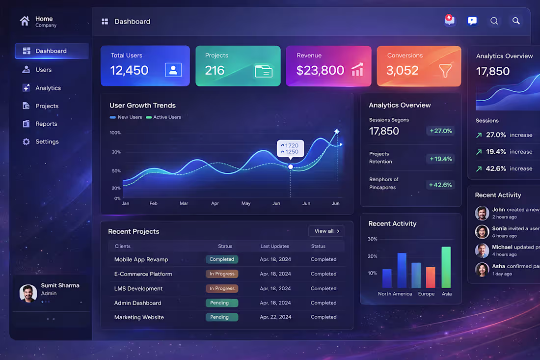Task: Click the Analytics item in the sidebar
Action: pyautogui.click(x=48, y=88)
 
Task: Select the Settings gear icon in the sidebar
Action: pyautogui.click(x=26, y=141)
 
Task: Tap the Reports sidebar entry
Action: pyautogui.click(x=46, y=124)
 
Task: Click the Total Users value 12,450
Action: pyautogui.click(x=129, y=70)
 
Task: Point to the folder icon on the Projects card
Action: pyautogui.click(x=264, y=71)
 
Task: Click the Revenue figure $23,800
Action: pyautogui.click(x=320, y=70)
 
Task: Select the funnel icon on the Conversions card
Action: pyautogui.click(x=445, y=70)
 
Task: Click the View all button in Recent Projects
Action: pyautogui.click(x=326, y=231)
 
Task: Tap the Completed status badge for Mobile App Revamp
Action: pyautogui.click(x=222, y=259)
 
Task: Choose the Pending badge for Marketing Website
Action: pyautogui.click(x=222, y=317)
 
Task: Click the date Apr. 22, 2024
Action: pyautogui.click(x=275, y=317)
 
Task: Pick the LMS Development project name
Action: pyautogui.click(x=138, y=288)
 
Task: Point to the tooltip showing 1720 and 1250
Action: pyautogui.click(x=290, y=148)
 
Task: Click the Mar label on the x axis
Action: pyautogui.click(x=184, y=203)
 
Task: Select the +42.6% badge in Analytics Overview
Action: pyautogui.click(x=440, y=185)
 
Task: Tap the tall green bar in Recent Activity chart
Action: pyautogui.click(x=446, y=267)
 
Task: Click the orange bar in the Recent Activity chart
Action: pyautogui.click(x=431, y=277)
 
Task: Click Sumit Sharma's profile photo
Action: pyautogui.click(x=28, y=293)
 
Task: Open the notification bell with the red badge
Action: pyautogui.click(x=450, y=21)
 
